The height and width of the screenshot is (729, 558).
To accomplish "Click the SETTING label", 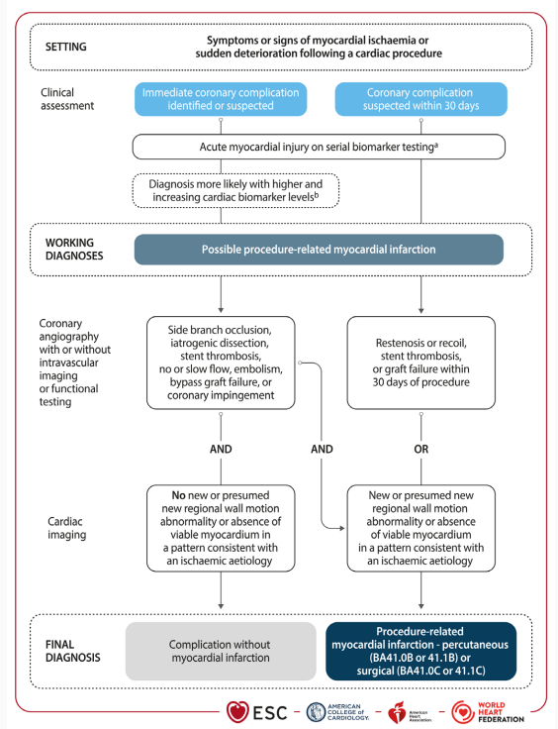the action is pos(66,47).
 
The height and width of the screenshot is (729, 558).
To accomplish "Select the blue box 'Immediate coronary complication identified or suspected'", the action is pos(221,99).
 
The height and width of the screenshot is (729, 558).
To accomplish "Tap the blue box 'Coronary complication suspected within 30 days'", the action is pos(421,99).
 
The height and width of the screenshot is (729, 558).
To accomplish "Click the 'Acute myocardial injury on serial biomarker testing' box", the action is pos(319,147).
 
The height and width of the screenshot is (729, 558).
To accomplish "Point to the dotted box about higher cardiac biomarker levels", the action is pos(235,190).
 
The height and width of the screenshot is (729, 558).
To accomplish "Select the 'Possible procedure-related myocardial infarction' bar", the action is pos(319,250).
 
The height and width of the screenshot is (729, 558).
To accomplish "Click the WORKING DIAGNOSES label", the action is pos(74,250).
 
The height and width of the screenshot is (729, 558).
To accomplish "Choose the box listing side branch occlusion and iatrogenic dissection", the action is pos(221,363).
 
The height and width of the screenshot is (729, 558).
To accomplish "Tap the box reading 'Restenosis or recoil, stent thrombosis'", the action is pos(421,363).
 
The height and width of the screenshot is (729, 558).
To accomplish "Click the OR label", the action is pos(421,449).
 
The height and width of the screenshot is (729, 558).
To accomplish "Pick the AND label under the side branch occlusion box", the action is pos(221,449).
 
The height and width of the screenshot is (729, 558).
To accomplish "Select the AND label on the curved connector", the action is pos(322,449).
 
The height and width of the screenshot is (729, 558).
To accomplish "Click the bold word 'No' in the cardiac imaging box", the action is pos(179,495).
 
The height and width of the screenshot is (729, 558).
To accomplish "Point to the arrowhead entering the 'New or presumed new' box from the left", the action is pos(342,528).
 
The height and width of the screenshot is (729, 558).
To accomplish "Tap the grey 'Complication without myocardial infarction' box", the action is pos(221,651).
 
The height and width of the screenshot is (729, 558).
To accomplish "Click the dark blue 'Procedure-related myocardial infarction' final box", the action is pos(421,651).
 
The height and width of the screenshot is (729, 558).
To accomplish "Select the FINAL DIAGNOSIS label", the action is pos(73,651).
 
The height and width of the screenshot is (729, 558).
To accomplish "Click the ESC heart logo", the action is pos(237,712).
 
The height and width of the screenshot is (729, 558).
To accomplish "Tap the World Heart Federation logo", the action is pos(488,712).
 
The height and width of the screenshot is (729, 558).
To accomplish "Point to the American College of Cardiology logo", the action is pos(338,712).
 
